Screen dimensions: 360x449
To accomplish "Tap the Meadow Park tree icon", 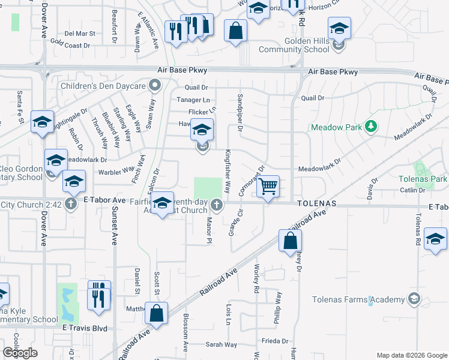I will pos(372,126).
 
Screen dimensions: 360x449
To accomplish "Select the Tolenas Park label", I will pos(423,179).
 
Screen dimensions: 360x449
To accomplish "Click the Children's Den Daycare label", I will pos(103,86).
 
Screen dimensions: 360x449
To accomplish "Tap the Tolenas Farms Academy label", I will pos(359,299).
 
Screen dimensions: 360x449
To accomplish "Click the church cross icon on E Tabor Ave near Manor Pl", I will pos(217,206).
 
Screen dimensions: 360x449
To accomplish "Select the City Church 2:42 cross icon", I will pos(70,204).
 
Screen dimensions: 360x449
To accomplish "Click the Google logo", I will pos(20,352).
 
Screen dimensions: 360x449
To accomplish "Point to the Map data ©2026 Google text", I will pos(411,355).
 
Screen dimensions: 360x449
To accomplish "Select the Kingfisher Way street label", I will pos(227,171).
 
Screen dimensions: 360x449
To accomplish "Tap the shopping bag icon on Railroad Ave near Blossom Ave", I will pos(157,313).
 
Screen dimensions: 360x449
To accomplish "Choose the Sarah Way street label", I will pos(221,344).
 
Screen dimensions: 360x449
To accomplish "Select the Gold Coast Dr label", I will pos(70,44).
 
